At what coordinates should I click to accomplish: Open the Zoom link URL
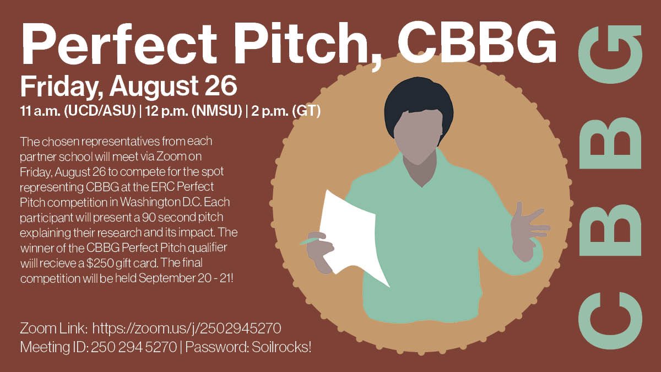[x=187, y=328]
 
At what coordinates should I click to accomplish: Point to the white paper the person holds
[x=353, y=237]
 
